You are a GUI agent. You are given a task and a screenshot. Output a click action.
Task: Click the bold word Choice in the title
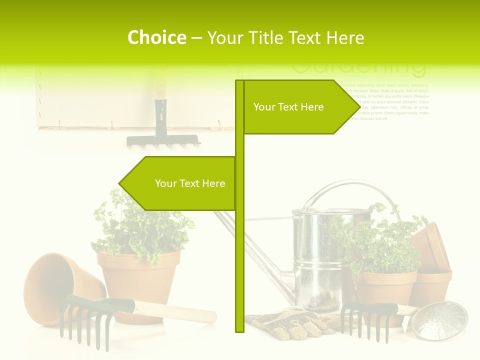tap(156, 37)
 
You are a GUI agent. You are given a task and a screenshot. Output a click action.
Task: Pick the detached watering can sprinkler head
tap(442, 320)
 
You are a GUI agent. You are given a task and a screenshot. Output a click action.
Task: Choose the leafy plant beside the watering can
tap(385, 245)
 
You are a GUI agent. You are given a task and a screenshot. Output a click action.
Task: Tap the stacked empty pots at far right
tap(432, 265)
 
